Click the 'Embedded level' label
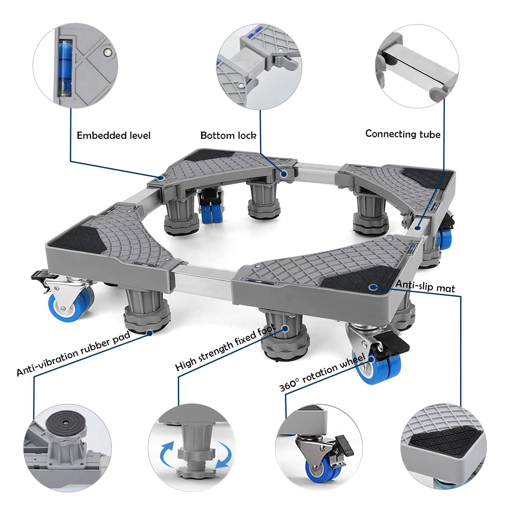pos(113,135)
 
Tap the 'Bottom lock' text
pos(228,135)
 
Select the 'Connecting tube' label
pos(403,134)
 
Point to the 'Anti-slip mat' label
pos(425,286)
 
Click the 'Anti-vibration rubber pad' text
pos(74,353)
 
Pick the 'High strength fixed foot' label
pos(226,347)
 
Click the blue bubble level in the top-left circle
pos(65,67)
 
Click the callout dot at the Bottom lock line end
pos(284,174)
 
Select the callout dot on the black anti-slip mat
pos(373,287)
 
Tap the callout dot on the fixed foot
pos(285,329)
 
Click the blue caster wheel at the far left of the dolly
pos(71,305)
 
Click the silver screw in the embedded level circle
pos(107,52)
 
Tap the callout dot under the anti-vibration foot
pos(150,333)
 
